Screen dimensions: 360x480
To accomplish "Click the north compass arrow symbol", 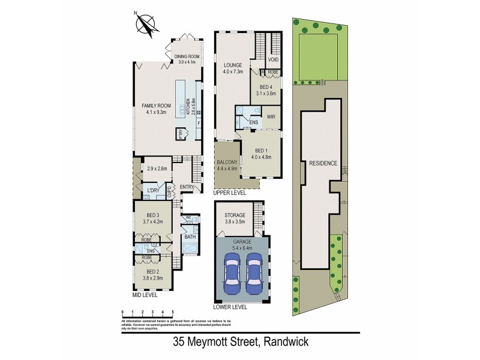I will point(146,25).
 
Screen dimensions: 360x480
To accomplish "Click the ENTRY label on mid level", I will point(187,187).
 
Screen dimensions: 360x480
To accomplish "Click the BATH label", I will point(190,237).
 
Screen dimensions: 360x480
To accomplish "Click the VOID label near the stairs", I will point(273,60).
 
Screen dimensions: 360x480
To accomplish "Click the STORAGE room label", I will point(235,215).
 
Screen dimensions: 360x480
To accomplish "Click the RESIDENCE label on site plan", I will point(323,163).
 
